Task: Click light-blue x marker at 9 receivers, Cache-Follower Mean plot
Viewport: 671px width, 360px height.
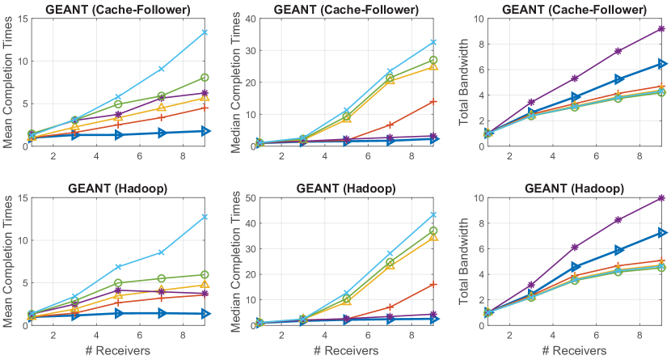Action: (x=205, y=32)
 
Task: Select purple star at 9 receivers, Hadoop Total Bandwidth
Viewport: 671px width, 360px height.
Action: (x=661, y=197)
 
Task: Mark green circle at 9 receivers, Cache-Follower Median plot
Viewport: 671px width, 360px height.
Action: (x=433, y=61)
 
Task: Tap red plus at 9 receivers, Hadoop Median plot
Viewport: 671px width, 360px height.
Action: (x=433, y=285)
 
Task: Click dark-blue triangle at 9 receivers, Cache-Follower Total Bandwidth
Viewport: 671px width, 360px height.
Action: (x=661, y=63)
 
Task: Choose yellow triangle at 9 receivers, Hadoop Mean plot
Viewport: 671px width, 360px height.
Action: (x=205, y=285)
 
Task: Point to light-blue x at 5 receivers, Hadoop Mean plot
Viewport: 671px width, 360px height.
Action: (x=118, y=267)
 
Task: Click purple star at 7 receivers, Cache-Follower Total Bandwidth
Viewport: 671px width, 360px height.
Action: (x=618, y=51)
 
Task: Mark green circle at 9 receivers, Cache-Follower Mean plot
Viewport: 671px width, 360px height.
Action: (x=205, y=78)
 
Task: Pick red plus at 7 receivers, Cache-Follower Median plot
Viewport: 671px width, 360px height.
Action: (x=390, y=125)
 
